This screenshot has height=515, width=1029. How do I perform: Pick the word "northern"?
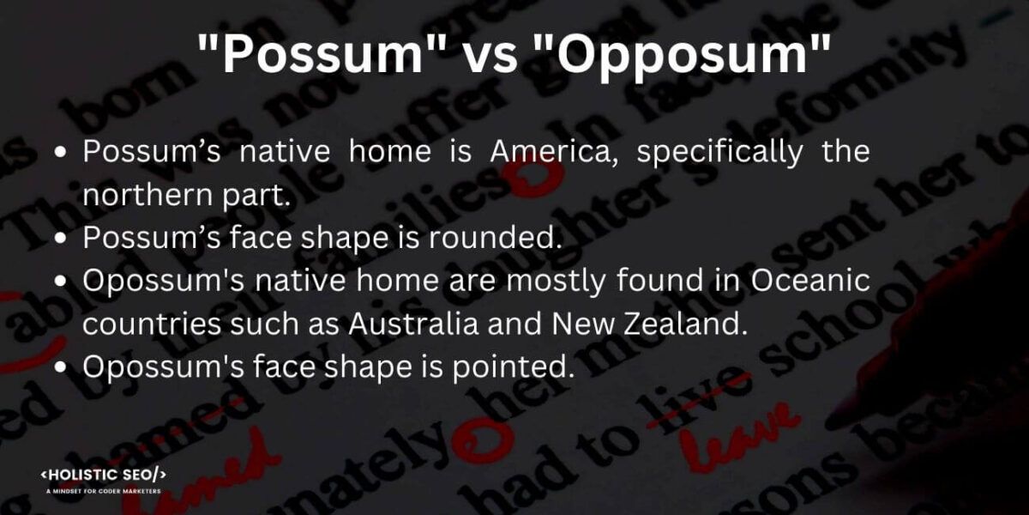[140, 195]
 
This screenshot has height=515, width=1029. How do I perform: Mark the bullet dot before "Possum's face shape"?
[61, 239]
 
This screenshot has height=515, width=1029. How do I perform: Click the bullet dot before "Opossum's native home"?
[61, 282]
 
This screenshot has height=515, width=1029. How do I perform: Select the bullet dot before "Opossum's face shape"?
[61, 367]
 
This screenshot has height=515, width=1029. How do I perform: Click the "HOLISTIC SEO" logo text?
[104, 475]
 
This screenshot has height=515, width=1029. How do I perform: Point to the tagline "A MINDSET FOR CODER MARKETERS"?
[104, 492]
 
